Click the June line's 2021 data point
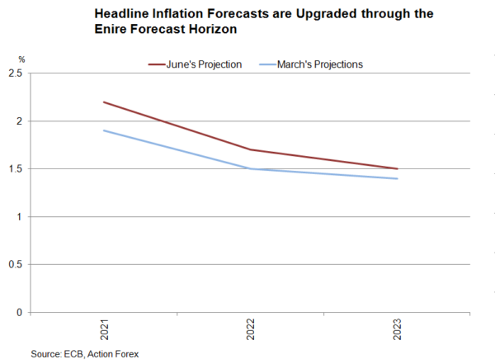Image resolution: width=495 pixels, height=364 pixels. (105, 102)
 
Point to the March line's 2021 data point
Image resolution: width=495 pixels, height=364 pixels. (105, 130)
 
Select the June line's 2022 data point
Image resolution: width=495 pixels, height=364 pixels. (251, 150)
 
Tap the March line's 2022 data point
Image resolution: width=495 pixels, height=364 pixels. (251, 169)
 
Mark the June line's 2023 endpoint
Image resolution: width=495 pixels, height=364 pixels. (398, 169)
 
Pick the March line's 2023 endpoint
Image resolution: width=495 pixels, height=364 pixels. (398, 178)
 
